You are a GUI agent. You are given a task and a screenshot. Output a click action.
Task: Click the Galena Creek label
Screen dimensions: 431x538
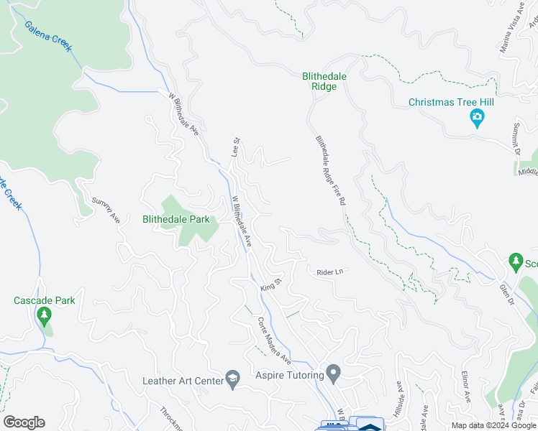(x=48, y=36)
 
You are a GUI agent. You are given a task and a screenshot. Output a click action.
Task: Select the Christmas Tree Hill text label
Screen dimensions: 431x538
(x=451, y=102)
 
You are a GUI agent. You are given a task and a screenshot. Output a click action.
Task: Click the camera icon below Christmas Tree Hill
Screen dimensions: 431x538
(x=476, y=119)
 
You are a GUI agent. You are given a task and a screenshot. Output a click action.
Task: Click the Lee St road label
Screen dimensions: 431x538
(x=234, y=147)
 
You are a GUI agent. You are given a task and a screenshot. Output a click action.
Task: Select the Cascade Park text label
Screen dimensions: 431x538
(x=44, y=300)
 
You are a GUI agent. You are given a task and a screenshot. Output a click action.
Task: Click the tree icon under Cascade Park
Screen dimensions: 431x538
(x=44, y=315)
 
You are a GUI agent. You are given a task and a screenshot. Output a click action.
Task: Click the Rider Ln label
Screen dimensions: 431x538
(x=327, y=272)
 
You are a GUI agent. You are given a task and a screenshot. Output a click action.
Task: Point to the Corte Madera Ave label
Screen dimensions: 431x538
(x=275, y=340)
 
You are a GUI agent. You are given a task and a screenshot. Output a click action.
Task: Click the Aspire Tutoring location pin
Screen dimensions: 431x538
(x=332, y=373)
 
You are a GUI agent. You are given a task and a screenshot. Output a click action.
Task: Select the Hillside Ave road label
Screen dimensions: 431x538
(x=401, y=396)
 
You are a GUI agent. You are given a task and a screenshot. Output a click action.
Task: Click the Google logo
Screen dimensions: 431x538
(x=24, y=422)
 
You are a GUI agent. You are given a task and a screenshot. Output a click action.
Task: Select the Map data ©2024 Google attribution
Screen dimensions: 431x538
(x=493, y=425)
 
